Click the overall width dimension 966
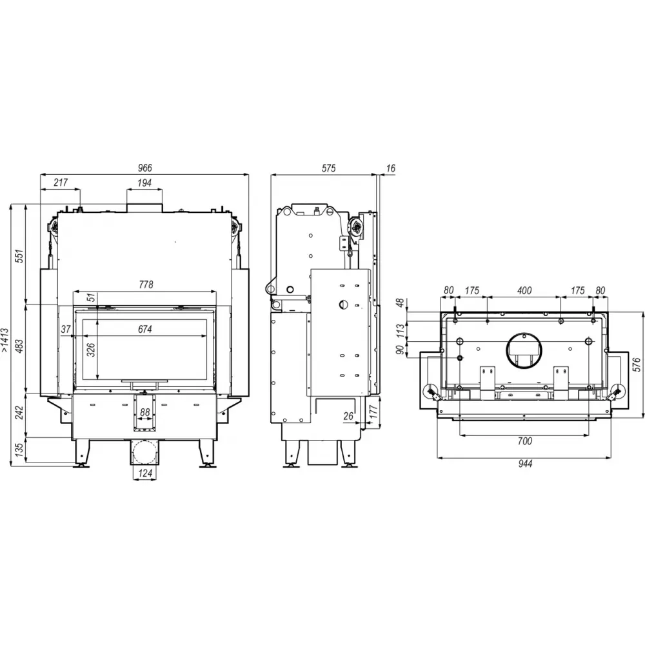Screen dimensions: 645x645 [144, 168]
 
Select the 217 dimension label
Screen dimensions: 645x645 [61, 183]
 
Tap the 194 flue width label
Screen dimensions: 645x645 [144, 183]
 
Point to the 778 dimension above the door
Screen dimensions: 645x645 [146, 284]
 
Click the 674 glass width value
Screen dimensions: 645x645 [144, 329]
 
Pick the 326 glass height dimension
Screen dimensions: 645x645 [92, 349]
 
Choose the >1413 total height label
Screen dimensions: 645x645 [5, 340]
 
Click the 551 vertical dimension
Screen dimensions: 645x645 [19, 256]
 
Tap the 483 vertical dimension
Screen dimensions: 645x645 [19, 346]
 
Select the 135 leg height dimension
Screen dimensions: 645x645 [19, 450]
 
